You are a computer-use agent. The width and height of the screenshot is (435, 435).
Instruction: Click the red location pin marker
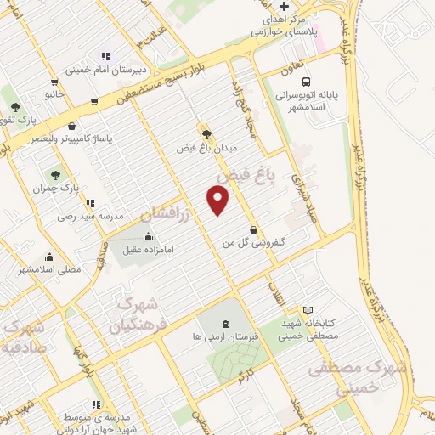click(x=218, y=200)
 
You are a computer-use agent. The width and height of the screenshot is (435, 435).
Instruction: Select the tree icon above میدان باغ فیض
click(x=205, y=133)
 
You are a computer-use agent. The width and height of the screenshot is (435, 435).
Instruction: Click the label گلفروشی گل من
click(x=252, y=243)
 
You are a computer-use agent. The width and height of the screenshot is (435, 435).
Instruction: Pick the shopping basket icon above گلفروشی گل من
click(x=253, y=229)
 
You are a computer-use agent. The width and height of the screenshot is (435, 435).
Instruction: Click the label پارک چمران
click(x=60, y=189)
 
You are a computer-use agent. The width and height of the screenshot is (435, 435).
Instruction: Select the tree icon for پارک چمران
click(x=57, y=174)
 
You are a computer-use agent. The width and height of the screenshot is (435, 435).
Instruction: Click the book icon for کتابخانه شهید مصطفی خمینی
click(x=308, y=308)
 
